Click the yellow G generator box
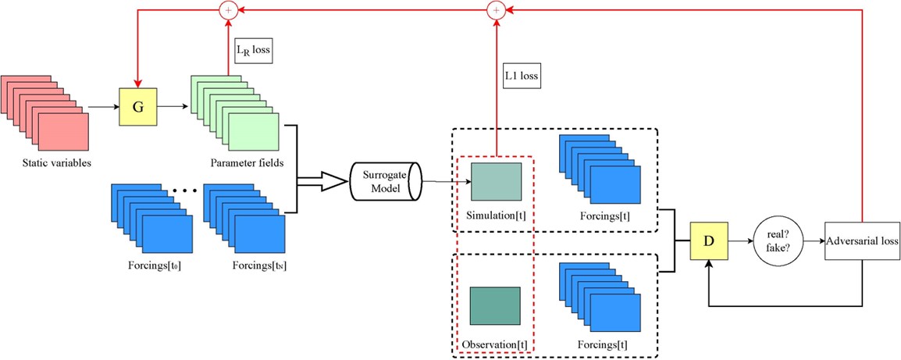[x=138, y=106]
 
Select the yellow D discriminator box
[x=708, y=241]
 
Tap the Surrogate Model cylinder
[x=384, y=181]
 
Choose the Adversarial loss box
[x=862, y=241]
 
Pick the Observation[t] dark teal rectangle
[x=495, y=305]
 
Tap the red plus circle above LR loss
[x=228, y=9]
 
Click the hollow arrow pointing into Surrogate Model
[x=324, y=181]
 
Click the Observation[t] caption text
[x=494, y=344]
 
